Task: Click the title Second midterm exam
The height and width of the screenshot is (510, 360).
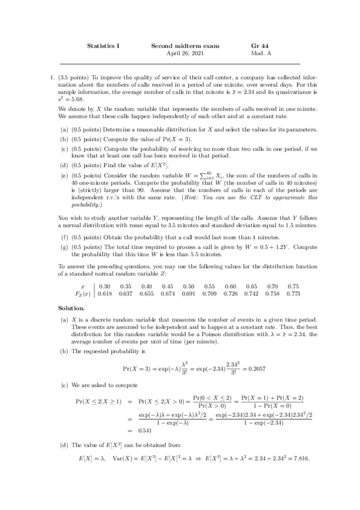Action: (185, 46)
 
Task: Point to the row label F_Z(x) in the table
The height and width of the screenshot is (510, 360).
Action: (82, 293)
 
